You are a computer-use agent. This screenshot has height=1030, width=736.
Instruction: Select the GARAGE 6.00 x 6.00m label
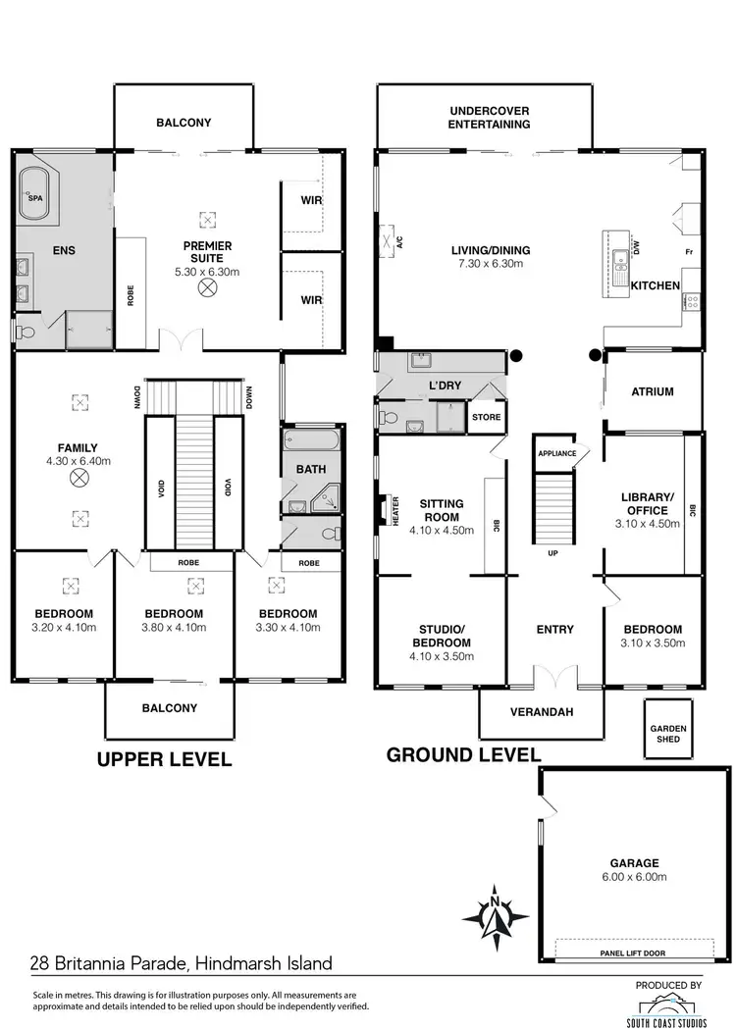point(633,870)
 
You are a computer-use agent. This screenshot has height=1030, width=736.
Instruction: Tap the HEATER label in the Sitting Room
point(396,511)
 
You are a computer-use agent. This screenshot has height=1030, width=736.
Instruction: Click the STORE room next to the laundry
point(486,417)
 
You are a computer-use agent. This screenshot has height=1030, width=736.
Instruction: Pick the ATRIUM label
point(653,391)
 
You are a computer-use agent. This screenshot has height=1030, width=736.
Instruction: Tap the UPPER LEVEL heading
point(163,758)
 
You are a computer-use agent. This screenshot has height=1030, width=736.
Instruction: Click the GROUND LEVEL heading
point(463,754)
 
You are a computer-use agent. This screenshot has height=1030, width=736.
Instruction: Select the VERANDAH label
point(542,712)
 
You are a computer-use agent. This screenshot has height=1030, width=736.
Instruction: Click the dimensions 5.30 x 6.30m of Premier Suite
point(207,271)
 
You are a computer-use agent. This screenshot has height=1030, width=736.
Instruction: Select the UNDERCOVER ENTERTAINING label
point(489,118)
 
